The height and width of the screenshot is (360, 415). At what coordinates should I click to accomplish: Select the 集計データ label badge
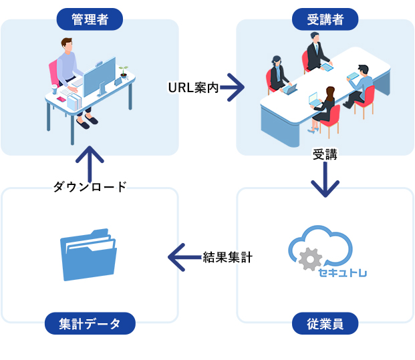90,324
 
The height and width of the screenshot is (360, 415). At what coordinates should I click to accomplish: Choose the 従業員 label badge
325,324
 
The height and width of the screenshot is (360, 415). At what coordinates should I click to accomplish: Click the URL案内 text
193,88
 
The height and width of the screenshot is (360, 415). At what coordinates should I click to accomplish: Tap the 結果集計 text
227,257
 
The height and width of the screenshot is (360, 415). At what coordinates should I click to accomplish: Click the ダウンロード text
90,187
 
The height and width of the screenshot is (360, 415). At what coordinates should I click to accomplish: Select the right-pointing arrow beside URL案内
232,87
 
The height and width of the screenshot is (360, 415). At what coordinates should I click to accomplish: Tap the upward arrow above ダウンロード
90,160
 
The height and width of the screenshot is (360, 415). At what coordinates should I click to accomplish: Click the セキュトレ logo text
343,273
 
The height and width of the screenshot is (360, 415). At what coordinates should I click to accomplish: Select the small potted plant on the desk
123,71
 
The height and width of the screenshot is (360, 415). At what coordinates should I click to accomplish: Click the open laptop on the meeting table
291,88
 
